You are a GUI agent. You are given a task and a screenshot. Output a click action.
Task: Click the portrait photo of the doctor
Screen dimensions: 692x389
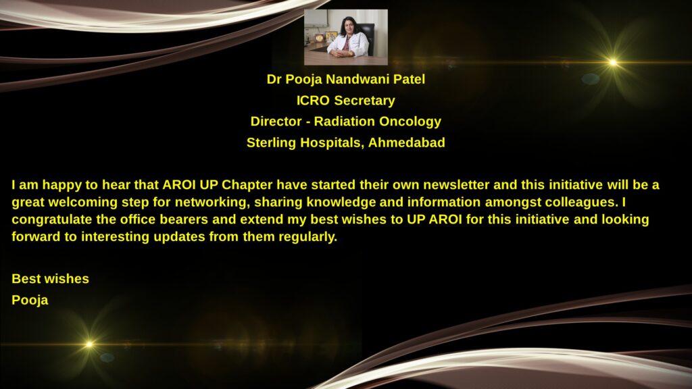[346, 37]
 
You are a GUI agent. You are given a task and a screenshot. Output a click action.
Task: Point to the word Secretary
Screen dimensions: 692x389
[364, 101]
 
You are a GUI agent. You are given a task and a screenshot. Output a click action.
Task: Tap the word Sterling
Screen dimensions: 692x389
[272, 143]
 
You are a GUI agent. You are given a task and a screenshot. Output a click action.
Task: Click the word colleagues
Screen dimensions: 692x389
[582, 203]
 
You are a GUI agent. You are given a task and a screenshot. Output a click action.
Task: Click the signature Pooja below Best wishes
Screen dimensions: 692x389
[30, 301]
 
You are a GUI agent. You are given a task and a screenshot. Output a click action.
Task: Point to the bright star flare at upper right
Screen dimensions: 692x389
[613, 63]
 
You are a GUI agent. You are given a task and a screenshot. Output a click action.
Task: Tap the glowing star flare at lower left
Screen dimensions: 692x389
[89, 344]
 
